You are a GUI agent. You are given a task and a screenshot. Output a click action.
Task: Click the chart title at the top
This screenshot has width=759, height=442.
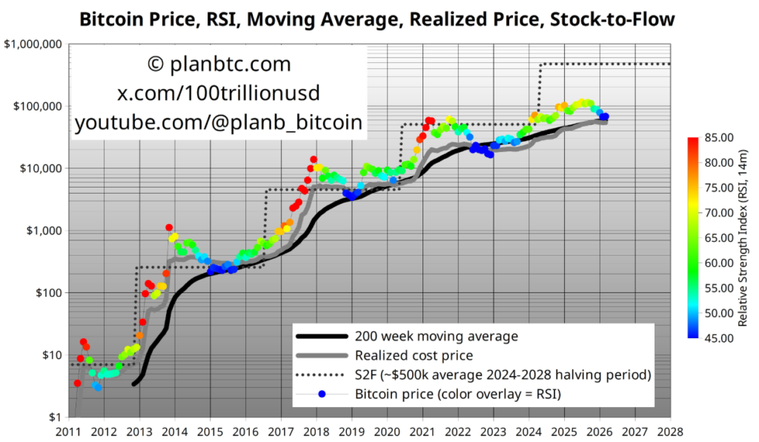pos(377,19)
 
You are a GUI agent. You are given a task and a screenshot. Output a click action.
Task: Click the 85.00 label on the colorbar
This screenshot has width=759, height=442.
pos(717,137)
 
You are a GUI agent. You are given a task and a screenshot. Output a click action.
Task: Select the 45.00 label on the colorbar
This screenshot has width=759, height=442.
pos(717,338)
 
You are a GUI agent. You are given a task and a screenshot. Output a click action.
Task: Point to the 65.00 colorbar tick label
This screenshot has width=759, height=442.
pos(717,237)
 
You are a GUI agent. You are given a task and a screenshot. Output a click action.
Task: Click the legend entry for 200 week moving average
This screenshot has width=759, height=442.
pos(434,336)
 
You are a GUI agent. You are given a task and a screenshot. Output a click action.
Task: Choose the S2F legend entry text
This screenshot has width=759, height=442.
pos(503,374)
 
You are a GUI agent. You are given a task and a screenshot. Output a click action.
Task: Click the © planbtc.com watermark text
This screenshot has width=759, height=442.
pos(219,65)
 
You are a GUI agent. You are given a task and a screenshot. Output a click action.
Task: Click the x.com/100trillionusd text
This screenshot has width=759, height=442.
pos(219,94)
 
